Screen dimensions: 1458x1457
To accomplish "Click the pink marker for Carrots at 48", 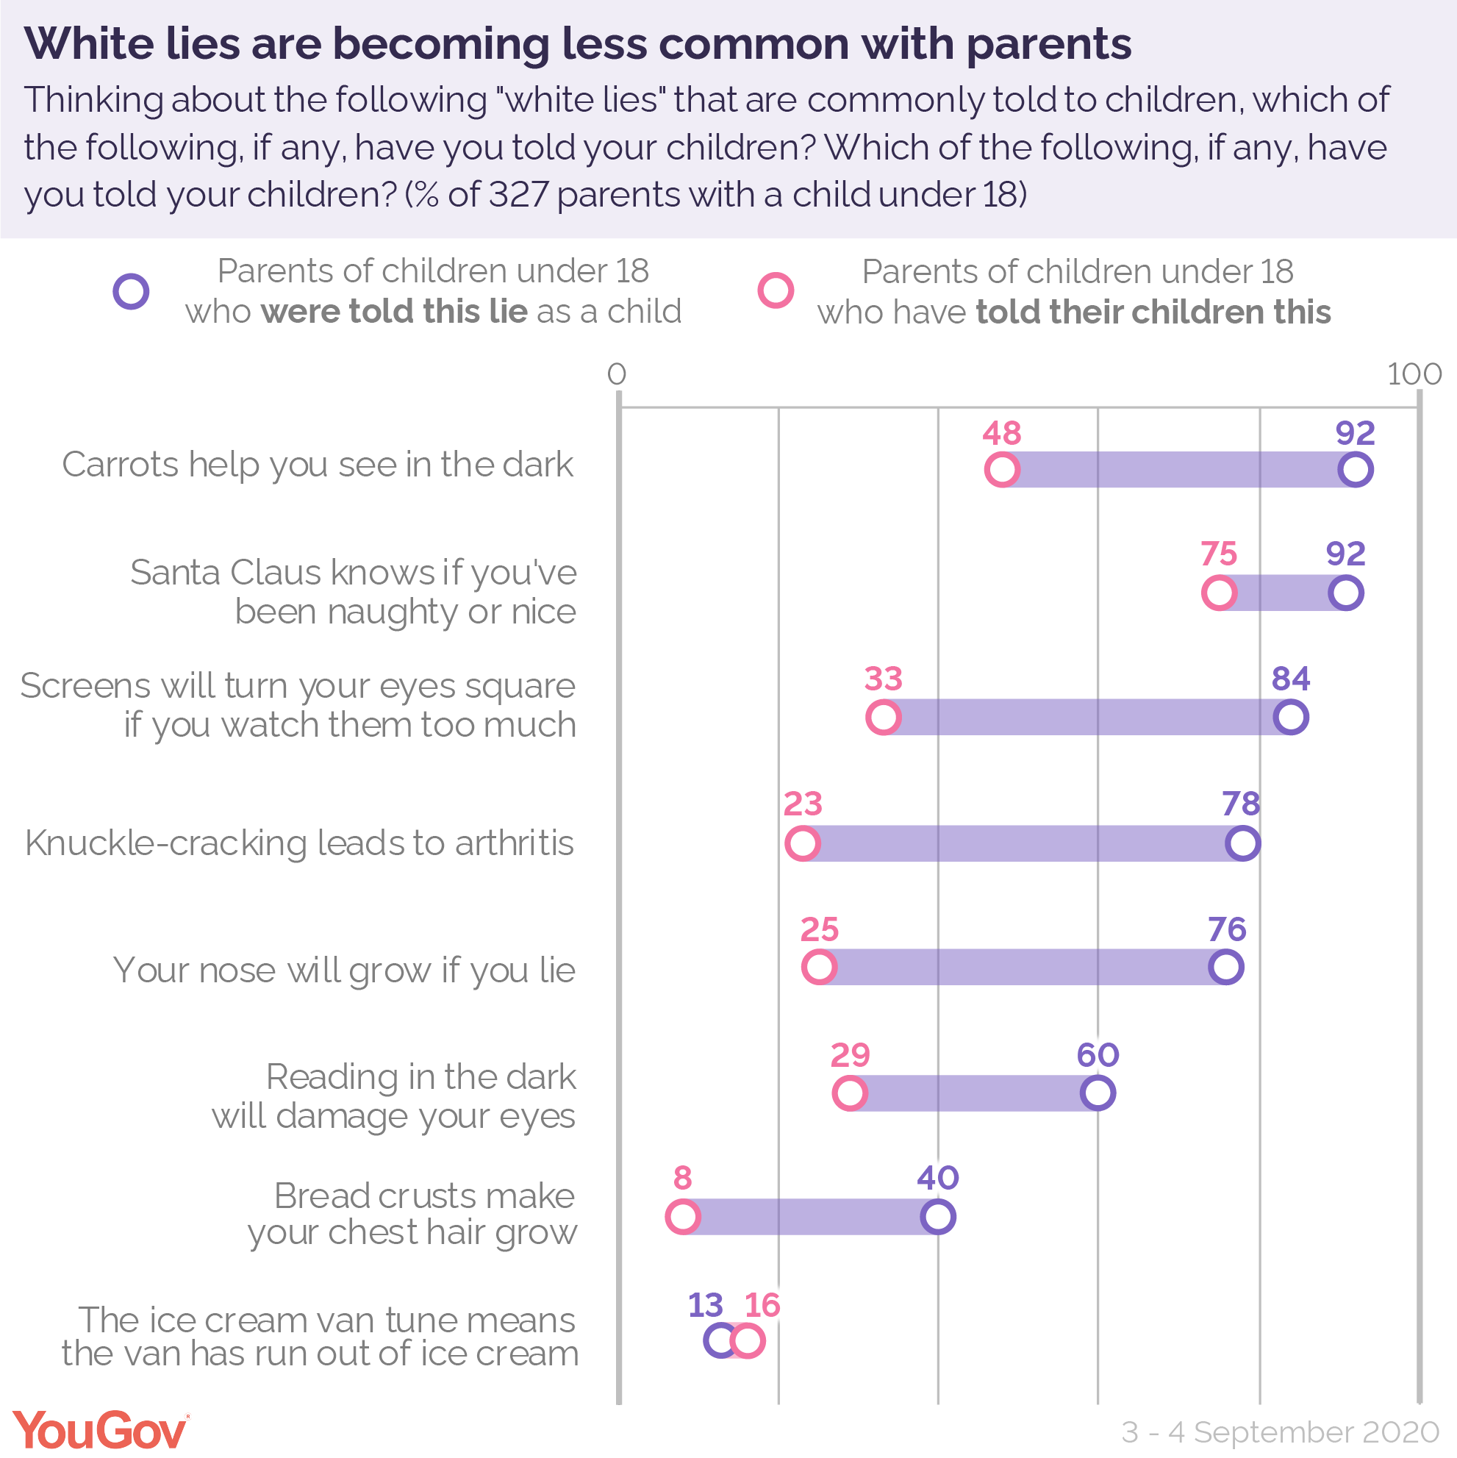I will pos(1002,469).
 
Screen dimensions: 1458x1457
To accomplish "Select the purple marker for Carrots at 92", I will pos(1355,469).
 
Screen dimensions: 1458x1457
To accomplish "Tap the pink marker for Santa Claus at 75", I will pos(1219,593).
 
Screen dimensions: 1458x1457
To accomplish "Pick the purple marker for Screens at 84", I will pos(1290,716).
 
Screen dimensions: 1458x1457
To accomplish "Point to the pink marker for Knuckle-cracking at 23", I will pos(802,843).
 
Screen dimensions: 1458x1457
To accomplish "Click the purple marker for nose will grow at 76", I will pos(1226,967).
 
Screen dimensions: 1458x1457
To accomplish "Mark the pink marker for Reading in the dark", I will pos(850,1093).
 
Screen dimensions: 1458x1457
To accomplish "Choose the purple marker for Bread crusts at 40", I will pos(938,1217).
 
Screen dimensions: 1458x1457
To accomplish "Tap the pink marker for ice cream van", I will pos(748,1341).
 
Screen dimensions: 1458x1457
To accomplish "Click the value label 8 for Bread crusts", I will pos(682,1177).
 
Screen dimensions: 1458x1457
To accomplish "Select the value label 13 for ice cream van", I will pos(706,1305).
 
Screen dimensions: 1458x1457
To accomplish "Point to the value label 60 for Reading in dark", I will pos(1098,1054).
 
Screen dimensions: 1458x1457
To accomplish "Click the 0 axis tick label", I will pos(617,374).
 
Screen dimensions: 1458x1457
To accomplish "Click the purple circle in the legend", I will pos(132,291).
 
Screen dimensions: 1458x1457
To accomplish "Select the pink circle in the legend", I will pos(776,291).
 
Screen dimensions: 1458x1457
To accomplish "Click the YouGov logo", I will pos(101,1430).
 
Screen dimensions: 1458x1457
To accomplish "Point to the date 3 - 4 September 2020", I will pos(1280,1432).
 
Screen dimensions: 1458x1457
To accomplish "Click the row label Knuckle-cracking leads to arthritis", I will pos(299,843).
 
